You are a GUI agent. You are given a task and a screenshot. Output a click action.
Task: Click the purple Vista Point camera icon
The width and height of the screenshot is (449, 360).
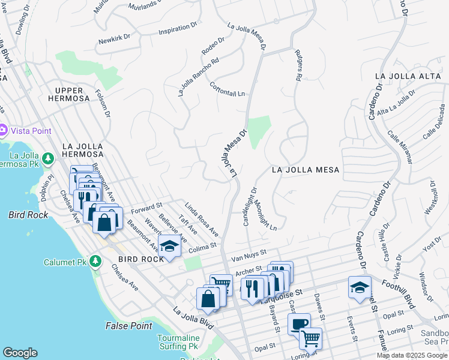point(3,130)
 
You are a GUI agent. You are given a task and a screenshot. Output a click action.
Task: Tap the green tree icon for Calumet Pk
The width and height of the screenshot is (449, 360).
point(95,262)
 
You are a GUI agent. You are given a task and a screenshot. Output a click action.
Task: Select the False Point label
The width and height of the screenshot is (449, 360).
point(129,326)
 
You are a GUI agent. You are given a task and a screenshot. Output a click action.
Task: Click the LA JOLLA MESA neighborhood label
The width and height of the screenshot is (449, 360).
point(306,170)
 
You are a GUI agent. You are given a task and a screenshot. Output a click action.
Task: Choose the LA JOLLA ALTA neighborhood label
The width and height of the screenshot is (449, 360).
point(408,76)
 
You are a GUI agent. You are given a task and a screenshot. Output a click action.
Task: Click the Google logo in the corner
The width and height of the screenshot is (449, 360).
point(20,353)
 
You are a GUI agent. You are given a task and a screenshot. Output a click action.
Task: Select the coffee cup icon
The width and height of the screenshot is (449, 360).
point(299,325)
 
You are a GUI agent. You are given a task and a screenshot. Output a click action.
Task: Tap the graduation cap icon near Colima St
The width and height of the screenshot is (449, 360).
point(169,246)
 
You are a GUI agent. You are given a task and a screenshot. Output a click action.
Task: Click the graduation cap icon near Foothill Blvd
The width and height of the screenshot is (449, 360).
point(359,287)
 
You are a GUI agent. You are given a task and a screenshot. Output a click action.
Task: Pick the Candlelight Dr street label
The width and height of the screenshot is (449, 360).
point(249,206)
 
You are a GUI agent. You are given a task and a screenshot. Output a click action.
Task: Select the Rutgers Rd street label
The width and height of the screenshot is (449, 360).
point(298,65)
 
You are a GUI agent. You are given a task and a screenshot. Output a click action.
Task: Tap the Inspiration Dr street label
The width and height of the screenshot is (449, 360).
point(178,29)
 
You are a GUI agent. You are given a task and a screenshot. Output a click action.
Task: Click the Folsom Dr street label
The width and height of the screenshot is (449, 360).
point(103,103)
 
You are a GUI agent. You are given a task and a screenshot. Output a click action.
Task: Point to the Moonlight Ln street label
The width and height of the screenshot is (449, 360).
point(264,215)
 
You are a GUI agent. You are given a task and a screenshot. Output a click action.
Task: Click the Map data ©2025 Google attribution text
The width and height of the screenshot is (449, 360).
point(412,355)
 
